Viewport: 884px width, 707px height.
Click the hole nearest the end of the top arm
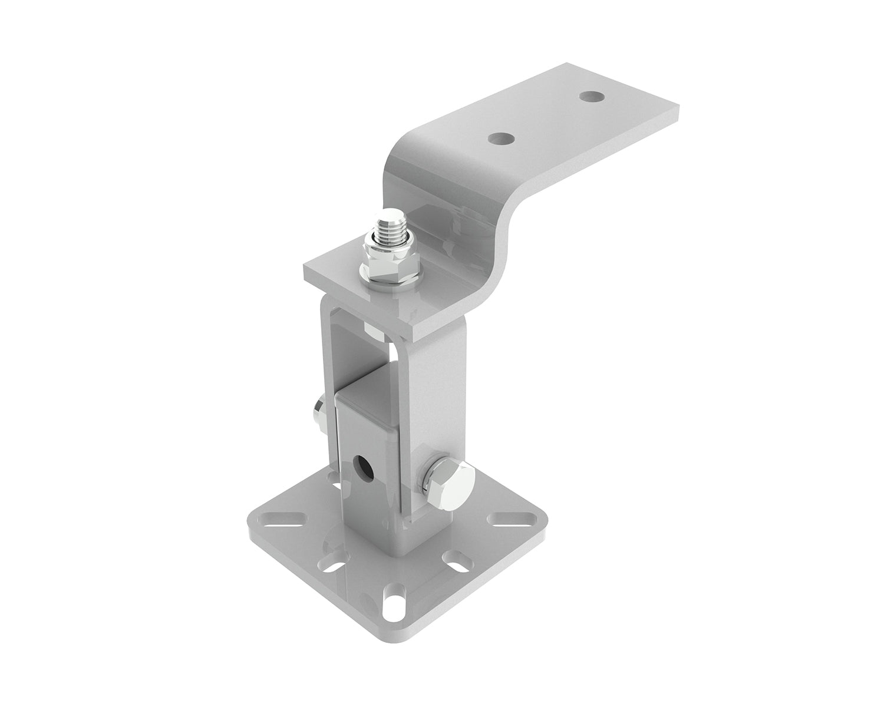(x=588, y=95)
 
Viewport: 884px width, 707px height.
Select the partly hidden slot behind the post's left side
(x=336, y=486)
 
